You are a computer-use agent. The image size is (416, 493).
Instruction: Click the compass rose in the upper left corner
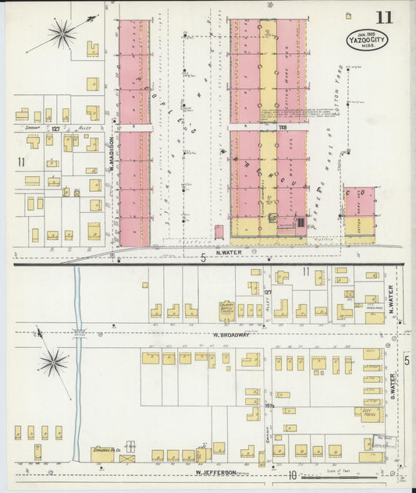[x=62, y=33]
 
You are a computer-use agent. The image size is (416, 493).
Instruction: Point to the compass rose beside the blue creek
[x=53, y=361]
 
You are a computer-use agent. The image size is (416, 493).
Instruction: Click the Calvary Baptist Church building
[x=227, y=310]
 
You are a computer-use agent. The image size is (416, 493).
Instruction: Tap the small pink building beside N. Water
[x=219, y=232]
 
